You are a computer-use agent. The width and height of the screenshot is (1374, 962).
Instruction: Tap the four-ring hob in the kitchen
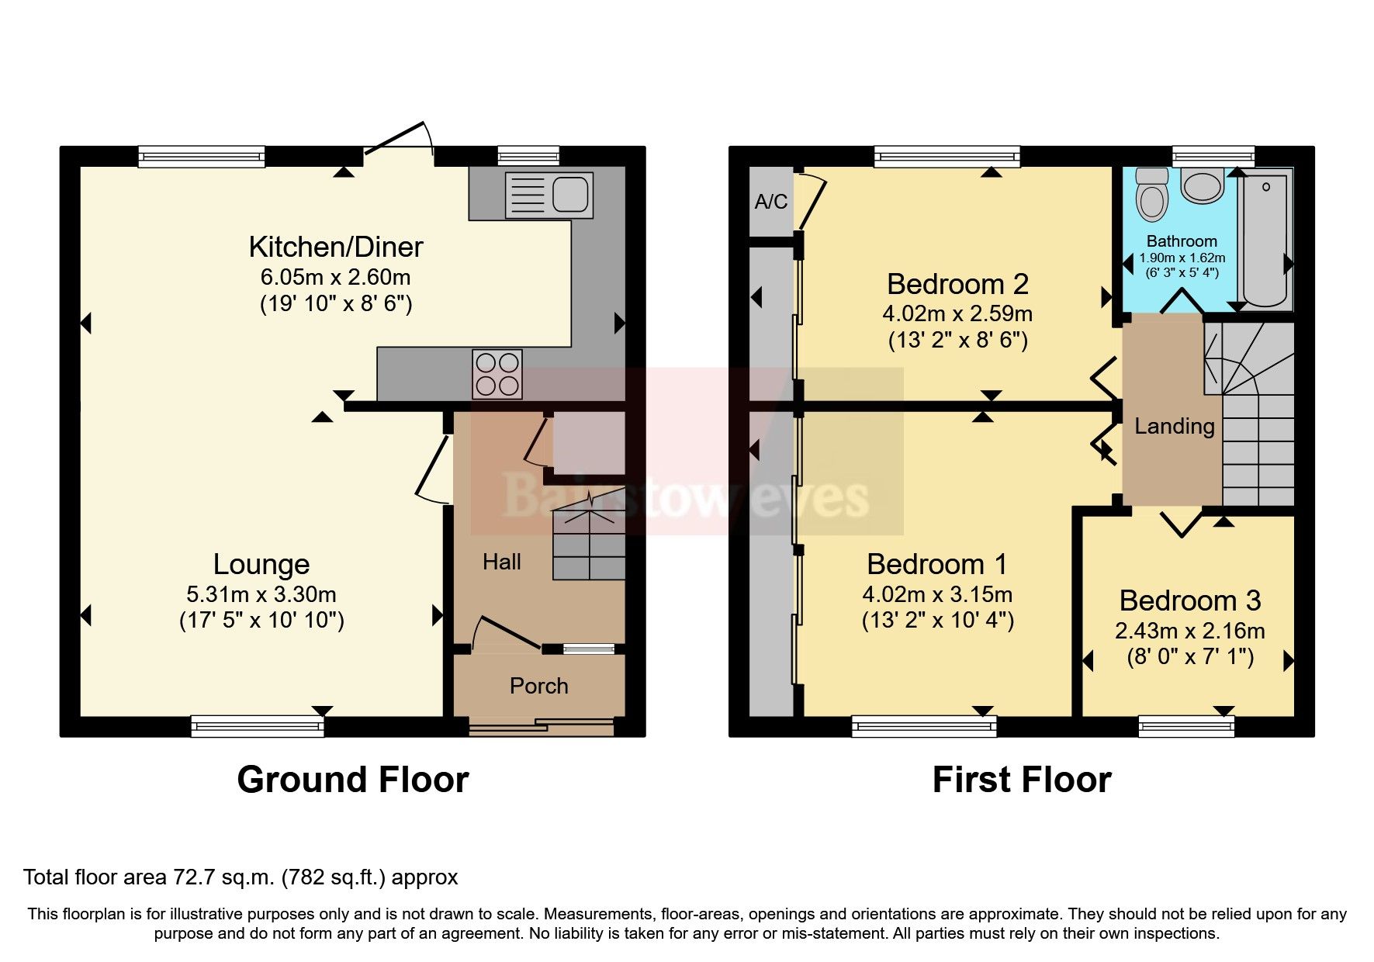coord(497,374)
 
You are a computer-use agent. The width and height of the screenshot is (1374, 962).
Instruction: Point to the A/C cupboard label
coord(770,202)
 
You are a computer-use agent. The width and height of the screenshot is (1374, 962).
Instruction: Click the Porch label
coord(538,686)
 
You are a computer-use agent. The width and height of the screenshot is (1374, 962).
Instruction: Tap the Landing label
coord(1174,426)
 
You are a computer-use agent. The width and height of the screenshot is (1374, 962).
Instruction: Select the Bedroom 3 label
coord(1189,600)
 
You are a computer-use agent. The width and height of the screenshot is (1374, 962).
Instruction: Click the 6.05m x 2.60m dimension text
coord(335,277)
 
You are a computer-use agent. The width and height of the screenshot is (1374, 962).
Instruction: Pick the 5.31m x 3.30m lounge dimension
coord(261,594)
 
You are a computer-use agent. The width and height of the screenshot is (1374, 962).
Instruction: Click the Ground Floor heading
coord(352,780)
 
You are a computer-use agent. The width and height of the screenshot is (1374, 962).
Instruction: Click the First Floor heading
coord(1021,780)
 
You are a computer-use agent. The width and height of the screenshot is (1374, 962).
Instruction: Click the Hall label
coord(501,562)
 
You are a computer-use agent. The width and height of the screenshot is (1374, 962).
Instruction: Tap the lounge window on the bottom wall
coord(258,726)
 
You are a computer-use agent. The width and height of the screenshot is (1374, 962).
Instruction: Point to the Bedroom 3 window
coord(1185,726)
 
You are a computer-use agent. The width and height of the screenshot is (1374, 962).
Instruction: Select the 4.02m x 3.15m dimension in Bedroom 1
coord(937,594)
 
